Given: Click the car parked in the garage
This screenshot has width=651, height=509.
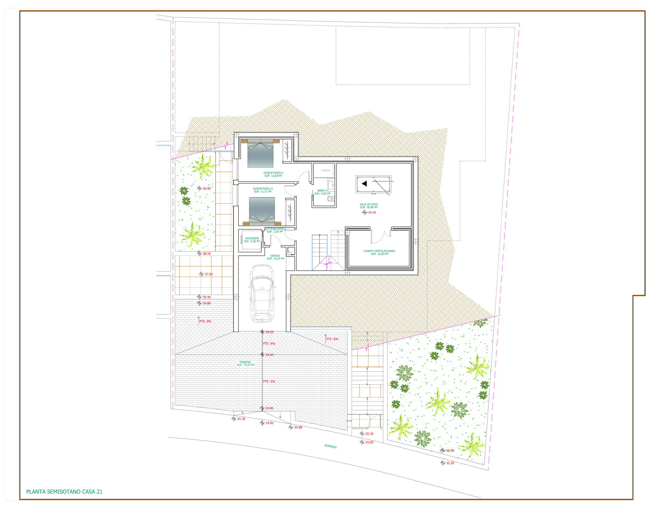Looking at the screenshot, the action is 262,293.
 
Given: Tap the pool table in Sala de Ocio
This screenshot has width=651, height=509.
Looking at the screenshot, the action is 373,184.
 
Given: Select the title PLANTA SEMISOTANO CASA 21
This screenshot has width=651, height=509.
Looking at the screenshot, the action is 64,492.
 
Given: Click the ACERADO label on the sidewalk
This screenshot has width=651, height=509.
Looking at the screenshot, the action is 330,446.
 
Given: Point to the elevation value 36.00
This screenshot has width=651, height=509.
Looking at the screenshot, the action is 207,188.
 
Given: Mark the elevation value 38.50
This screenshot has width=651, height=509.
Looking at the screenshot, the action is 207,254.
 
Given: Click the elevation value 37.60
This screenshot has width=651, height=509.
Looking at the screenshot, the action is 209,274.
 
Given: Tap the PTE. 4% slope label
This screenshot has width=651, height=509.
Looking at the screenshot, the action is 269,381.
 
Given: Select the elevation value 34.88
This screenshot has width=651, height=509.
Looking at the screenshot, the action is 298,427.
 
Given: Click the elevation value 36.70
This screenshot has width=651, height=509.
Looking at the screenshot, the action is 450,451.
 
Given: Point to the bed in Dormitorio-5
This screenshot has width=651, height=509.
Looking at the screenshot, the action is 260,153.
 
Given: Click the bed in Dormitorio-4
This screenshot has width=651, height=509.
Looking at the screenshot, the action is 262,211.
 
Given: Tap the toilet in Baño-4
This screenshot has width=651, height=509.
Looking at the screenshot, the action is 331,199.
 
